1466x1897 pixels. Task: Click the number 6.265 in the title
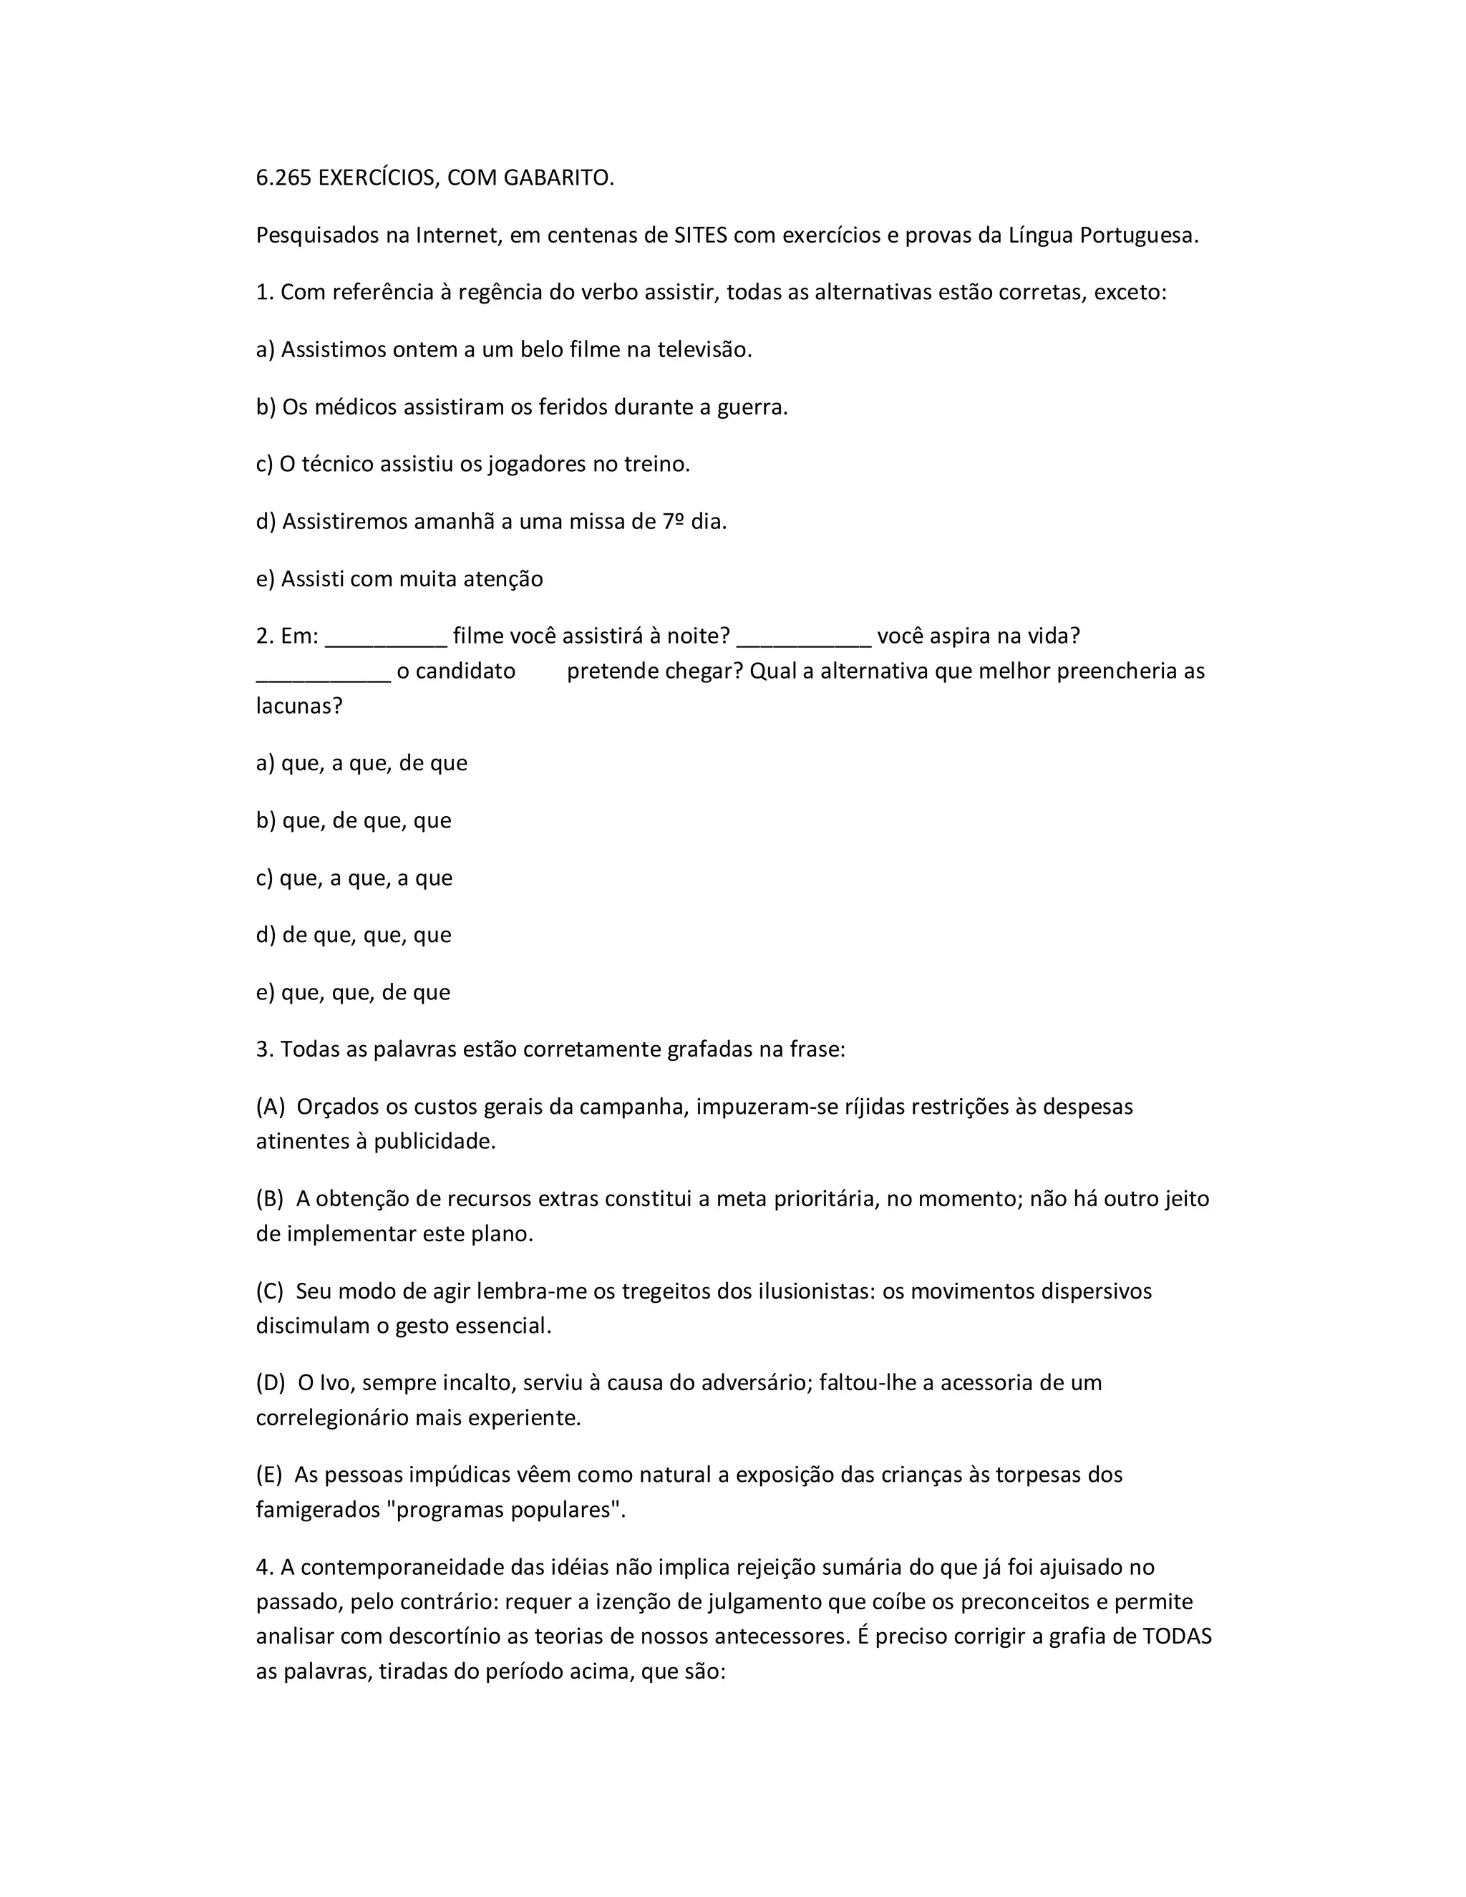[283, 178]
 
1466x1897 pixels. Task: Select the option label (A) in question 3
[271, 1107]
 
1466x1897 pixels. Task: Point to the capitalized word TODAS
[1177, 1637]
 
